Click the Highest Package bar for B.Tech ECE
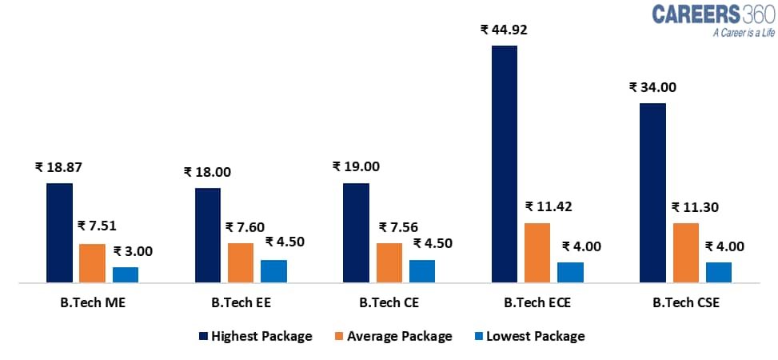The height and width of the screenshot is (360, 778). click(505, 164)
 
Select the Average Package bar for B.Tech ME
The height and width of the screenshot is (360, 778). click(92, 263)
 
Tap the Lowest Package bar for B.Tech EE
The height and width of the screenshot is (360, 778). click(273, 271)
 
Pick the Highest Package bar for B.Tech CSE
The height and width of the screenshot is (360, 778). click(652, 193)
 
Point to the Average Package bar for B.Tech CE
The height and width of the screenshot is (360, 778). click(389, 262)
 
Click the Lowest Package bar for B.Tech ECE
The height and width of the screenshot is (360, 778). click(570, 272)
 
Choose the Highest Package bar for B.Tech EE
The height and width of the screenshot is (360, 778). click(208, 235)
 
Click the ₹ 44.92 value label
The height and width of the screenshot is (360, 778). click(504, 30)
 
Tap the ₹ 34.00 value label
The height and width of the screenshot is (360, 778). click(652, 87)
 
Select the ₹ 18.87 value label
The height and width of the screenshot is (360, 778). click(58, 167)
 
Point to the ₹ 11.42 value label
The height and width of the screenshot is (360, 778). click(549, 206)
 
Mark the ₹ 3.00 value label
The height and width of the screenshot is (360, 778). click(133, 251)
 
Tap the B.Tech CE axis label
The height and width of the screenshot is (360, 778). click(389, 303)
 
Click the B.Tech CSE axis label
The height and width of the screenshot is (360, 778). click(686, 303)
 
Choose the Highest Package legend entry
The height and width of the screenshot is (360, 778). click(255, 336)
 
